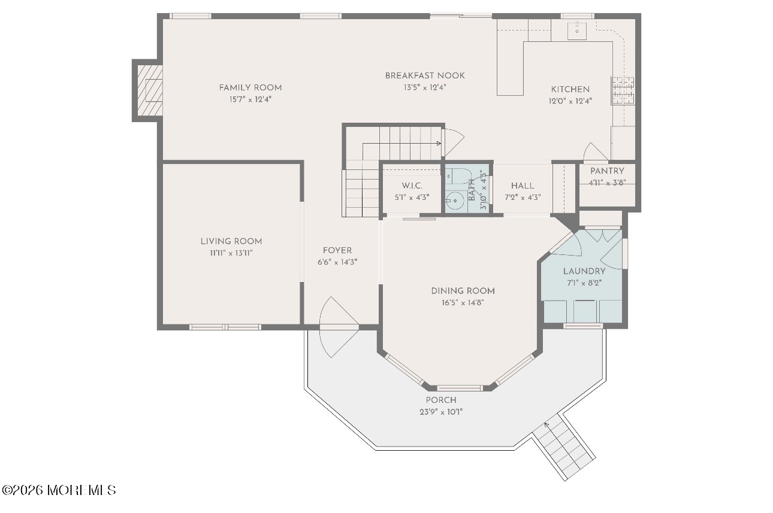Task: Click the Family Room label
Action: coord(250,88)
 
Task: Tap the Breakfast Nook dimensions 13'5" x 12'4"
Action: coord(425,87)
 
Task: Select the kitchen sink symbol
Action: coord(576,31)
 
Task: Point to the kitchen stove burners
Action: coord(623,90)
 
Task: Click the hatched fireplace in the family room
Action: coord(150,90)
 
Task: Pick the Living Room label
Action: coord(231,241)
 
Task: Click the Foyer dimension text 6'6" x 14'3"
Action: coord(337,262)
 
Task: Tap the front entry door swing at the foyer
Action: coord(339,327)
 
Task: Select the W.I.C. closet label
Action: coord(412,186)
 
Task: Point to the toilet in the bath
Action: coord(460,176)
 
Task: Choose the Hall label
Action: coord(523,186)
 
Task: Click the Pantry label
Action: coord(607,171)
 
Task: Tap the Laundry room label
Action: coord(584,271)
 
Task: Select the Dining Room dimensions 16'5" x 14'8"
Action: coord(463,303)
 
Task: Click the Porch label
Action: coord(441,400)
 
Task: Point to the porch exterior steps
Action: coord(563,447)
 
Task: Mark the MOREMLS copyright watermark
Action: coord(59,490)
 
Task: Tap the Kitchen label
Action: coord(570,89)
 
